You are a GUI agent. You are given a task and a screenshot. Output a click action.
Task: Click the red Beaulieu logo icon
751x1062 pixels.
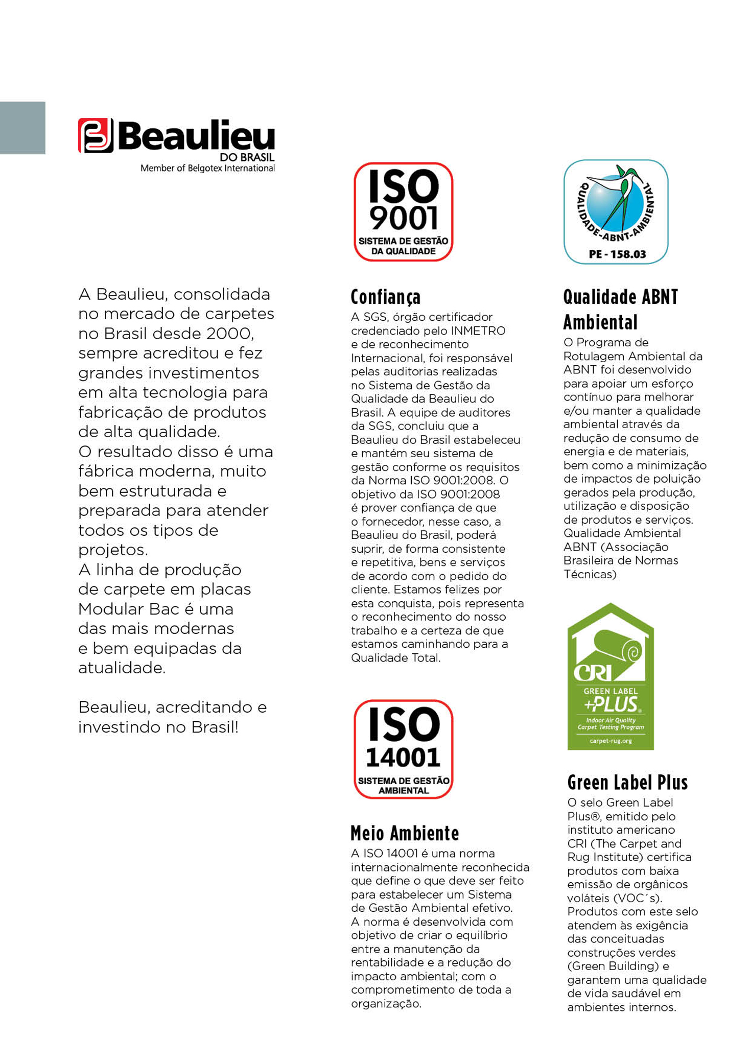click(x=96, y=135)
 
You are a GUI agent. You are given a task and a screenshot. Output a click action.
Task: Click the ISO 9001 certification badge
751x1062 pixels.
click(x=403, y=211)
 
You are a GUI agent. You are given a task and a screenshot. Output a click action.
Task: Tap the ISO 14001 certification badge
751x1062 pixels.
click(x=403, y=748)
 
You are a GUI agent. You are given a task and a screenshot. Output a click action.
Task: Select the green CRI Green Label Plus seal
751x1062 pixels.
click(x=611, y=677)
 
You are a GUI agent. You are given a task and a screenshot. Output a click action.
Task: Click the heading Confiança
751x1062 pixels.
click(x=386, y=297)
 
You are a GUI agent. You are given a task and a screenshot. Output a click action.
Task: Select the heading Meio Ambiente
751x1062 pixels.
click(x=405, y=833)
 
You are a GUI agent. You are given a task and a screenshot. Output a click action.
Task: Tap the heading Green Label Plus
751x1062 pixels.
click(x=627, y=783)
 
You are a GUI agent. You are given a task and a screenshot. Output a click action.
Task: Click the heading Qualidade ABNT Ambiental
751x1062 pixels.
click(x=620, y=310)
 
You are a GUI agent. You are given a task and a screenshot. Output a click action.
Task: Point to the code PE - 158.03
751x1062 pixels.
click(x=617, y=254)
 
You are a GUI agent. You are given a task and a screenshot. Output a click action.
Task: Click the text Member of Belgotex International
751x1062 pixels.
click(x=207, y=168)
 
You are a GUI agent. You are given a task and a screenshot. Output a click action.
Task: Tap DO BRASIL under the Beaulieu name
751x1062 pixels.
click(x=247, y=157)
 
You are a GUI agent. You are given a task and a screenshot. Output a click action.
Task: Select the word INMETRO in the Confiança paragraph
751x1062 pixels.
click(x=478, y=331)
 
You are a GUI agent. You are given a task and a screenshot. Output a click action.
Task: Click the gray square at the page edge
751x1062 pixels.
click(x=22, y=128)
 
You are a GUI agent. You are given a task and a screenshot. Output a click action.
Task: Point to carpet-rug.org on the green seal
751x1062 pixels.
click(x=611, y=741)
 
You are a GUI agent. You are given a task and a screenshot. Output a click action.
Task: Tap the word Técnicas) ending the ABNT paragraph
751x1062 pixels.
click(x=590, y=574)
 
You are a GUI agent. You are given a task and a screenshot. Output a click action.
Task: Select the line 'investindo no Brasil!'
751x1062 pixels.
click(x=158, y=727)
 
